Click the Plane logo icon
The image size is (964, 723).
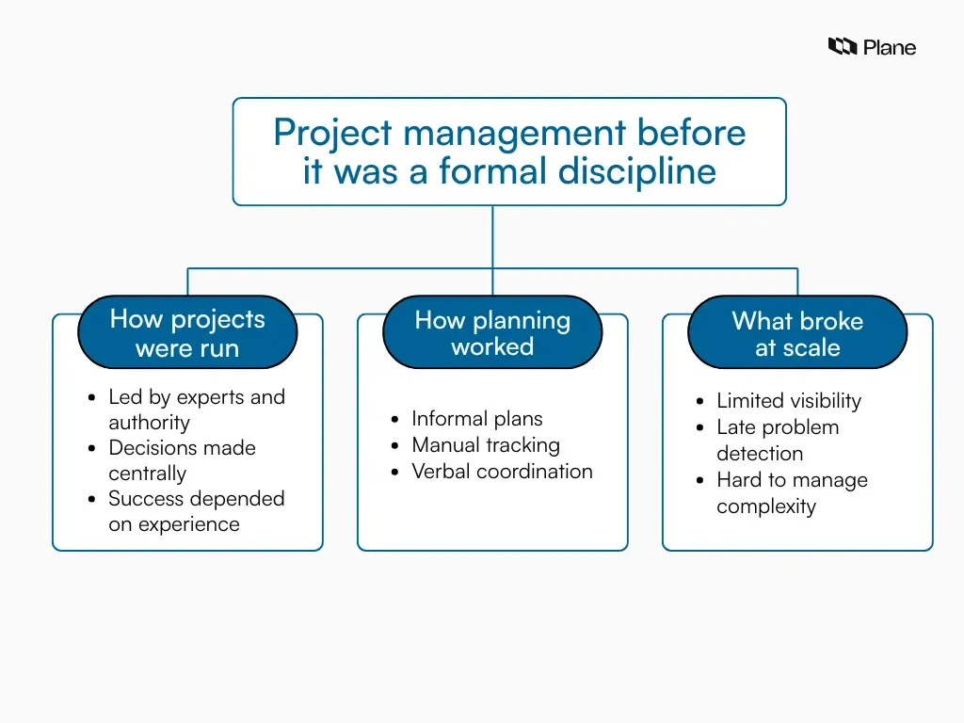coord(842,46)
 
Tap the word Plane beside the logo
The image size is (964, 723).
coord(890,47)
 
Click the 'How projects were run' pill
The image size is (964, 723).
coord(187,332)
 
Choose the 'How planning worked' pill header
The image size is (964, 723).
coord(492,332)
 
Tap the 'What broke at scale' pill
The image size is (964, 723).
coord(797,333)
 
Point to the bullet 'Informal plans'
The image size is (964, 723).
coord(476,419)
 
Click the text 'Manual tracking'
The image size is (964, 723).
coord(485,445)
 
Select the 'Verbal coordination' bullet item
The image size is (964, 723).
coord(502,472)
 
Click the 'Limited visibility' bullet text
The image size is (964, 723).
coord(788,401)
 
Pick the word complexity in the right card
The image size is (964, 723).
coord(765,506)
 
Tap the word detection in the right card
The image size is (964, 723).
coord(759,454)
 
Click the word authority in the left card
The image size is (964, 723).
coord(149,423)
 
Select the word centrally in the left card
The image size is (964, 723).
coord(147,474)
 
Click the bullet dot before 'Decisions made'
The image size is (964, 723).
coord(91,449)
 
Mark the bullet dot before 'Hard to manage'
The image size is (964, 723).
coord(699,481)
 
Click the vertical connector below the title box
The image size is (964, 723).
coord(492,235)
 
